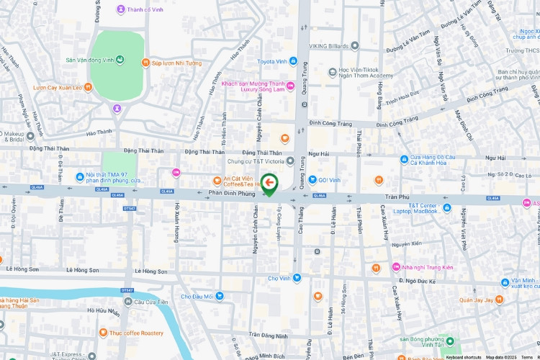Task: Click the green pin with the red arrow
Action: pos(270,184)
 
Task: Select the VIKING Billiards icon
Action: pos(354,46)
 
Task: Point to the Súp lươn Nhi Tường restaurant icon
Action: pos(145,63)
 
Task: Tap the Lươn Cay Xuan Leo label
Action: pos(57,88)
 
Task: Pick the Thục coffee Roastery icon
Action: pos(104,333)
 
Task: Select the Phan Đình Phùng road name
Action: pos(233,193)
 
